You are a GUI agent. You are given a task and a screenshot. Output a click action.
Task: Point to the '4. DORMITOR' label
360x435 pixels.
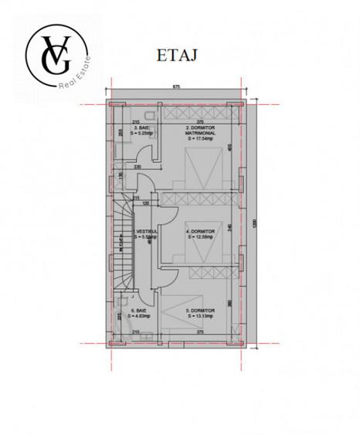tap(201, 230)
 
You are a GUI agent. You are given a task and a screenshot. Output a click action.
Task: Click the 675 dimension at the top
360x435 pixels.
tap(176, 88)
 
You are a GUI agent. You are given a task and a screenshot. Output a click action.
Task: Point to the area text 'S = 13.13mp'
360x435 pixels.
tap(201, 315)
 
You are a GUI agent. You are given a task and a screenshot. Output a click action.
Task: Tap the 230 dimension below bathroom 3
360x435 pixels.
tap(138, 167)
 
